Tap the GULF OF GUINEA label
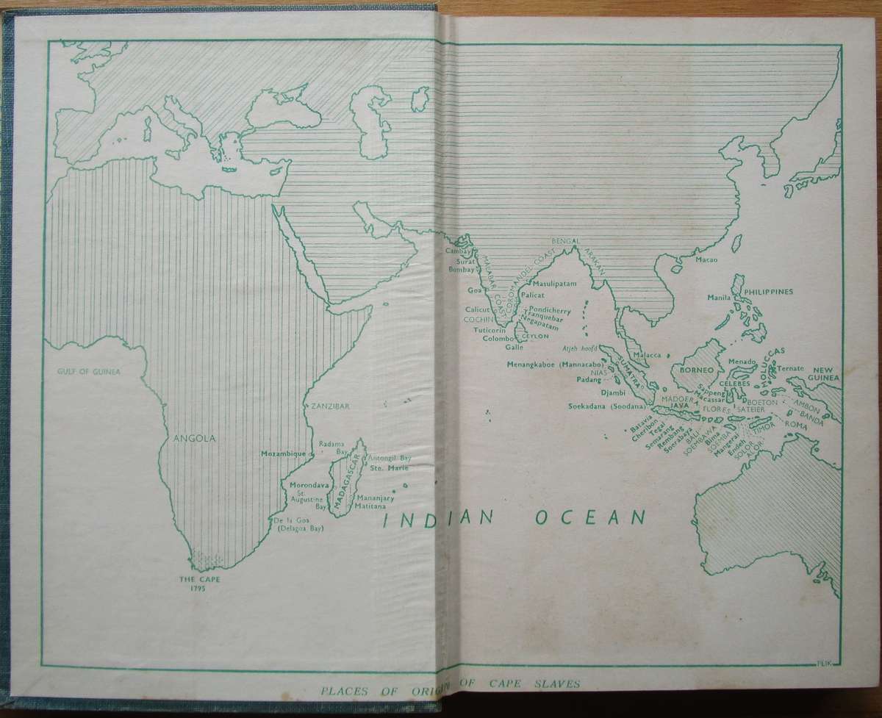click(x=88, y=372)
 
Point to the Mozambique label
click(x=283, y=454)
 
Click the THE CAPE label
click(x=201, y=578)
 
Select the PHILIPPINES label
click(x=770, y=291)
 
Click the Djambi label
click(x=612, y=393)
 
